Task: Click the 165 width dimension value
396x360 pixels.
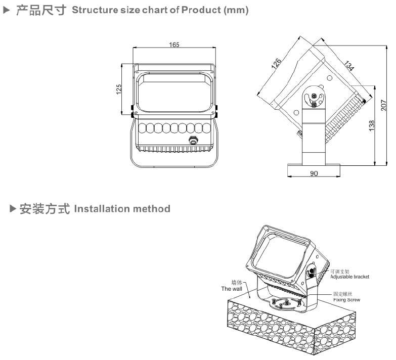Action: click(x=173, y=45)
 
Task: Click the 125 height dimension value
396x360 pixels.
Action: click(x=118, y=89)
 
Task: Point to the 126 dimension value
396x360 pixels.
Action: click(x=276, y=64)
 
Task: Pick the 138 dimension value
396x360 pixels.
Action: click(x=372, y=124)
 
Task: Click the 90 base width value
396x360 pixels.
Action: click(x=314, y=173)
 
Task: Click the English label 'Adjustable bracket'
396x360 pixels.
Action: click(x=349, y=277)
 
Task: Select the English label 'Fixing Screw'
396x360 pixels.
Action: click(x=346, y=300)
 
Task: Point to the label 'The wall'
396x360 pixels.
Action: click(x=232, y=289)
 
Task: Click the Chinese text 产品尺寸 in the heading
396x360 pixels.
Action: click(x=41, y=11)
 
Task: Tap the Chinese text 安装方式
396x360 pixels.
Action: click(x=45, y=208)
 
